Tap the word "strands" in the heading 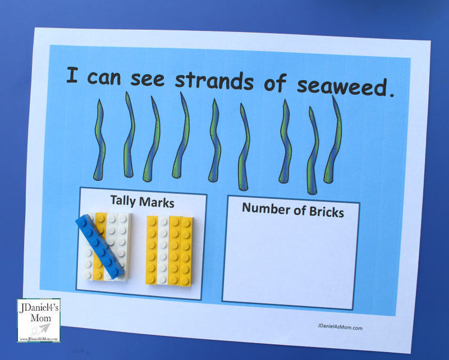pos(214,80)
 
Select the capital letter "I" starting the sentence pos(72,75)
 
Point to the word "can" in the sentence pos(104,78)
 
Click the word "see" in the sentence pos(148,79)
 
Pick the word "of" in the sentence pos(275,82)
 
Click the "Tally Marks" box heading pos(143,201)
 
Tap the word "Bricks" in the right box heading pos(327,212)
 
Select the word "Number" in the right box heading pos(266,209)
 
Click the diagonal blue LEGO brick pos(100,247)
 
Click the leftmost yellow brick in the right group pos(152,250)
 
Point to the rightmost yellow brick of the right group pos(186,252)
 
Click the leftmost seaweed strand pos(99,140)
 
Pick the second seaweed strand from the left pos(129,135)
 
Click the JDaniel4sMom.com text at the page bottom pos(340,327)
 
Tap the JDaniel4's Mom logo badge pos(39,320)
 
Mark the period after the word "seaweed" pos(391,94)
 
